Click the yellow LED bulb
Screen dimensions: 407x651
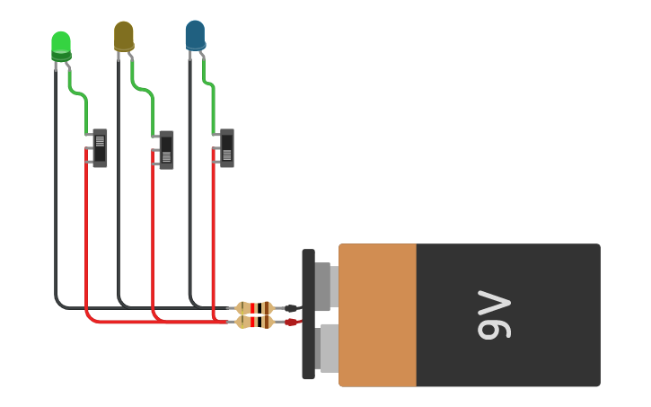(124, 36)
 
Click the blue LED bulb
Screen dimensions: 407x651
(195, 35)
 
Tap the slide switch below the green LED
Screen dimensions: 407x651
(100, 148)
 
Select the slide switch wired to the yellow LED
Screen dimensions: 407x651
(166, 150)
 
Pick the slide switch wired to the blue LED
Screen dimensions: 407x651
(226, 148)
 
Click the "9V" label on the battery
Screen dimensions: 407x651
(493, 314)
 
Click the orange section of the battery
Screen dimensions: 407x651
(377, 314)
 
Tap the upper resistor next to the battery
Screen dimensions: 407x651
(255, 308)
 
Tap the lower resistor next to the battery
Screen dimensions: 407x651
(255, 322)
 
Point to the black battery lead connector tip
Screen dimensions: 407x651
(291, 308)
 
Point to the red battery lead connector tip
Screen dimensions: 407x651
(291, 322)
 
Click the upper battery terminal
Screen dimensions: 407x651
(324, 286)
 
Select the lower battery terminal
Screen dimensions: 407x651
(328, 349)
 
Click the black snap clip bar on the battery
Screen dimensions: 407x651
(308, 314)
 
